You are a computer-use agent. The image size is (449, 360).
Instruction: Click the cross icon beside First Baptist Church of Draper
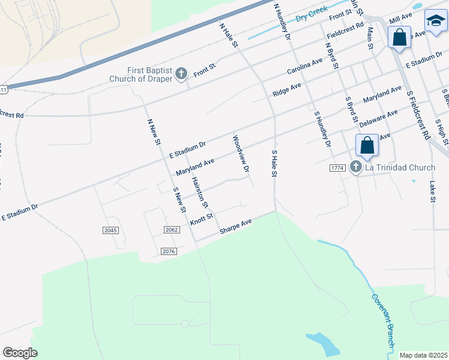pyautogui.click(x=182, y=73)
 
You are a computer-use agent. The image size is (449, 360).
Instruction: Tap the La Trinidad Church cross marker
pyautogui.click(x=356, y=167)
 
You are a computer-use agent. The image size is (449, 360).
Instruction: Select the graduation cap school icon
pyautogui.click(x=436, y=21)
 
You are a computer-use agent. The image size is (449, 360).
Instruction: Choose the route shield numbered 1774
pyautogui.click(x=337, y=168)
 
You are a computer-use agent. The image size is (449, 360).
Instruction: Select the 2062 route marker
pyautogui.click(x=172, y=229)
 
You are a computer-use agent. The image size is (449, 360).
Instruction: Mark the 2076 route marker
pyautogui.click(x=169, y=251)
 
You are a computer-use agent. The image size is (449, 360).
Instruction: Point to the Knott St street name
pyautogui.click(x=202, y=220)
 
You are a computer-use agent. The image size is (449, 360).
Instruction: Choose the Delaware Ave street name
pyautogui.click(x=378, y=118)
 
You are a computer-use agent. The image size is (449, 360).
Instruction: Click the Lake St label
pyautogui.click(x=432, y=191)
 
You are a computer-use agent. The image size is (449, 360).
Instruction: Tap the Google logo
pyautogui.click(x=20, y=353)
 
